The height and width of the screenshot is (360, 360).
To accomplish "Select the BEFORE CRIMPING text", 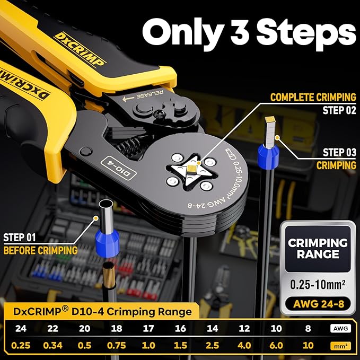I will pos(40,250).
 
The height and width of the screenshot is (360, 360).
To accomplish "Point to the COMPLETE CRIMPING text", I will pos(313,98).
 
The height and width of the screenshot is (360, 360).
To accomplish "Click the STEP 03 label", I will pos(339,153).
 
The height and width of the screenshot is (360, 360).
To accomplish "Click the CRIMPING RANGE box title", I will pos(318,249).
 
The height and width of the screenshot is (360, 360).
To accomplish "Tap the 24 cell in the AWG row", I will pos(21,329).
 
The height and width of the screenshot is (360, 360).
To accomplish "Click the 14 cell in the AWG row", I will pos(212,329).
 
